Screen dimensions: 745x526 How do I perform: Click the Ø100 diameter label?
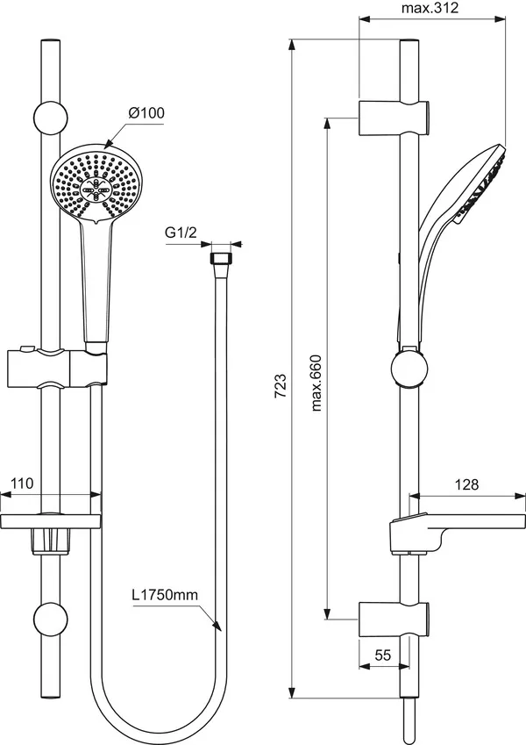(146, 112)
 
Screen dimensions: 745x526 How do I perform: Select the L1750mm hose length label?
(166, 595)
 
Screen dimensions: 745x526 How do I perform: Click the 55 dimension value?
(382, 655)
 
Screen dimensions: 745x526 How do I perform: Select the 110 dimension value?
(22, 483)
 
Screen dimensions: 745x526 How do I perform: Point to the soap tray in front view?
(53, 521)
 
